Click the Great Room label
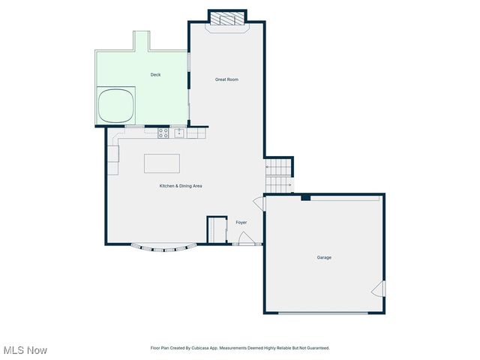coord(226,79)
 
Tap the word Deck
coord(155,74)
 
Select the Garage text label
coord(324,257)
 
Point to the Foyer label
coord(241,222)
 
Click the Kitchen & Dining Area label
coord(180,186)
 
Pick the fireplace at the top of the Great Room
coord(226,19)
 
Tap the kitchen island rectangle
coord(162,163)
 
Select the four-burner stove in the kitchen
coord(163,133)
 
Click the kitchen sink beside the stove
coord(179,133)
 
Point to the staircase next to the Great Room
coord(280,175)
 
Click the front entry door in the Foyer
coord(244,238)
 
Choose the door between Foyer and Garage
coord(259,203)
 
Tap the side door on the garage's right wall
coord(379,289)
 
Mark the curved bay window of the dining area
coord(164,247)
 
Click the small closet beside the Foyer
coord(217,229)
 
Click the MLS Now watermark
coord(25,350)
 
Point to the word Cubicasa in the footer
coord(198,348)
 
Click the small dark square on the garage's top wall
coord(306,197)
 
